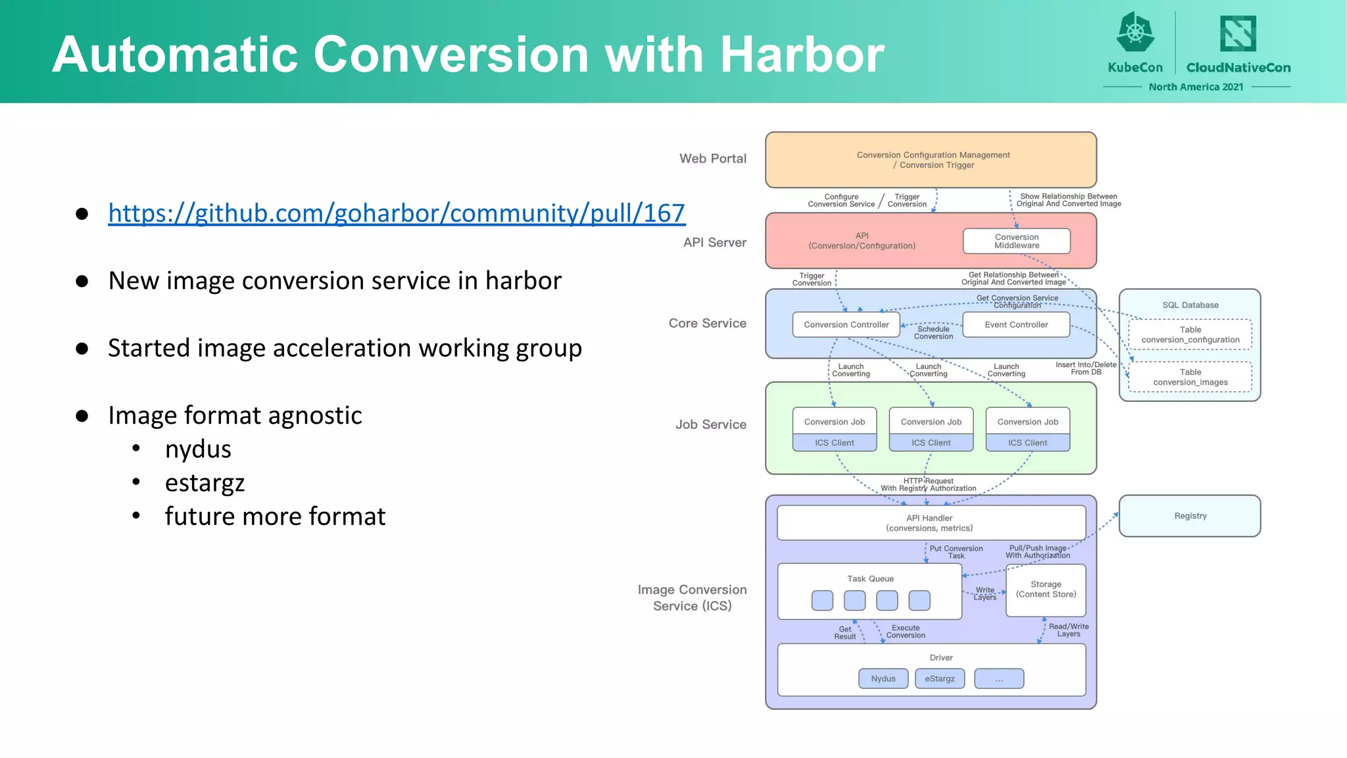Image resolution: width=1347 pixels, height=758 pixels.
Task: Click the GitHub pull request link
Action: click(x=397, y=213)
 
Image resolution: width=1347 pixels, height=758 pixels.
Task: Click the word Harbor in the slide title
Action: click(x=802, y=54)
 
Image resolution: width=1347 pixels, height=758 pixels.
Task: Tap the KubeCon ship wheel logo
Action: click(x=1135, y=32)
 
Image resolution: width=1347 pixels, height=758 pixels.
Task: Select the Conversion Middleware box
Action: click(x=1016, y=241)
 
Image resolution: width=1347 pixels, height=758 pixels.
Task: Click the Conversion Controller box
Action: click(x=846, y=324)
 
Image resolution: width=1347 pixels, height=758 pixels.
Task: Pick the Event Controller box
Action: click(x=1016, y=324)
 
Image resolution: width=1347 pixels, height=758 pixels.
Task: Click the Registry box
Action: click(x=1190, y=516)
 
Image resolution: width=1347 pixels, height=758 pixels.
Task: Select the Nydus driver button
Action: click(x=883, y=678)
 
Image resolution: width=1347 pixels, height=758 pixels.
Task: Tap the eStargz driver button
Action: click(x=939, y=678)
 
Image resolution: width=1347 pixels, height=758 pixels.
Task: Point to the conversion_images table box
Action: click(x=1190, y=377)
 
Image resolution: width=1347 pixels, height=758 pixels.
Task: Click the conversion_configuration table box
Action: click(x=1190, y=335)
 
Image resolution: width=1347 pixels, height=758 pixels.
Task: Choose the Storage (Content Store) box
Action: click(x=1046, y=590)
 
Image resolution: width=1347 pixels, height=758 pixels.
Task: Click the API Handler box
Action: click(x=930, y=523)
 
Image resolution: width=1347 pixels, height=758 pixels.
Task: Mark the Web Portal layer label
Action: click(x=712, y=159)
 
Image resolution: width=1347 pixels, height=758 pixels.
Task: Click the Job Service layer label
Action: click(x=710, y=424)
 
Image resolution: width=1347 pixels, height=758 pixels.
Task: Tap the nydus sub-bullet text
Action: click(x=198, y=449)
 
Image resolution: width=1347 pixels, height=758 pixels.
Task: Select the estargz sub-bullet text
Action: click(x=205, y=483)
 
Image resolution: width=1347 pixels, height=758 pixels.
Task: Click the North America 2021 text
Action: click(x=1196, y=87)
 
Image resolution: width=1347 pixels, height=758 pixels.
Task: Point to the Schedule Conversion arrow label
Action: click(x=933, y=333)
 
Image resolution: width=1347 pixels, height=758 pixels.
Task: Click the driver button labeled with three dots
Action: click(x=998, y=678)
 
